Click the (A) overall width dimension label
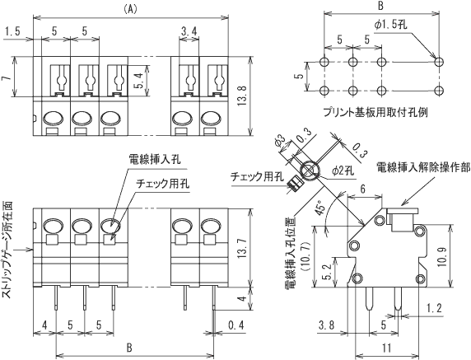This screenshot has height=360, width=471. [x=130, y=10]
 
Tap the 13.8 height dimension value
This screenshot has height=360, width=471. [x=243, y=96]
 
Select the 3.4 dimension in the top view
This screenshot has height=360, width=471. [x=189, y=31]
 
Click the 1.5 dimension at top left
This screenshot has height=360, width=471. [x=13, y=31]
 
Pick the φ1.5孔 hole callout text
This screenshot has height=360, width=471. [x=390, y=25]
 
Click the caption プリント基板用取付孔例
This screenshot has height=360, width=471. [x=375, y=113]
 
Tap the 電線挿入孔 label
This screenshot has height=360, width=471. [x=155, y=159]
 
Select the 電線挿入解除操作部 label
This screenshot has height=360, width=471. [x=423, y=168]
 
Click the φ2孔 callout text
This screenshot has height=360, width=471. [x=343, y=171]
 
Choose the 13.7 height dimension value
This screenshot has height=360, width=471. [x=242, y=248]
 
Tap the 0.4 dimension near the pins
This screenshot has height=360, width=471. [x=236, y=325]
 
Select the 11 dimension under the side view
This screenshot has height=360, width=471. [x=387, y=348]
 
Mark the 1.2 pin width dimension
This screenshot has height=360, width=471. [x=434, y=308]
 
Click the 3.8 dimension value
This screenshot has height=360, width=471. [x=327, y=325]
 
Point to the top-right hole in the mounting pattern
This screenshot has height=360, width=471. [x=439, y=62]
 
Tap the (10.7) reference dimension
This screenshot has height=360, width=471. [x=307, y=256]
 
